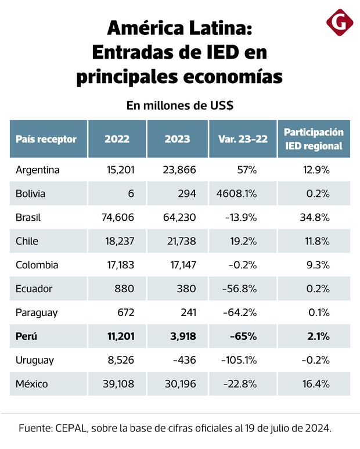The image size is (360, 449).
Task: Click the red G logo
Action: click(340, 23)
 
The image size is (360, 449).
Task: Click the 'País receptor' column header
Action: click(46, 139)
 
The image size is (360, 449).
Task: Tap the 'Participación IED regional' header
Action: click(314, 139)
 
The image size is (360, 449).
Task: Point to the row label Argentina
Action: click(38, 170)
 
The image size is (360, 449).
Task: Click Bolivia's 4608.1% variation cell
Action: click(236, 193)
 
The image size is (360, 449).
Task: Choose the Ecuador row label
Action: click(35, 289)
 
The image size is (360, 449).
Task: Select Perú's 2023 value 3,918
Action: click(182, 336)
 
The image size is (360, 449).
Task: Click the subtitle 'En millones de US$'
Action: click(179, 105)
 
